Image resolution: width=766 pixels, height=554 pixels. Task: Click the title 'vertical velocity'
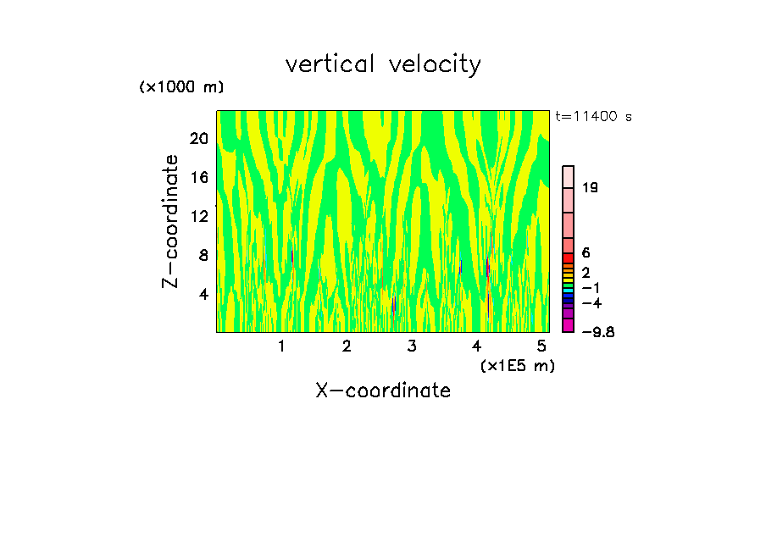pos(383,64)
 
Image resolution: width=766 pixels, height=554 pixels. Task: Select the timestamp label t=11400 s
pos(594,117)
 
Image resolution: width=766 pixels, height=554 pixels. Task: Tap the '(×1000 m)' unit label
pos(180,87)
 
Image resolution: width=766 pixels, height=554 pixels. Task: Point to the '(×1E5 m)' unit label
pos(517,365)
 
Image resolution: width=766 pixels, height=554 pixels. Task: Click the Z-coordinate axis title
pos(170,221)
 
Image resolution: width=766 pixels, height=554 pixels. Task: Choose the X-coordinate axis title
pos(383,391)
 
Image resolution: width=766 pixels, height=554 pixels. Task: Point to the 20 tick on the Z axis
pos(198,139)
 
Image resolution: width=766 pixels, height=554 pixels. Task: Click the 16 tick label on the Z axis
pos(198,178)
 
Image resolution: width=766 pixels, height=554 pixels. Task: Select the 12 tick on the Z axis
pos(198,217)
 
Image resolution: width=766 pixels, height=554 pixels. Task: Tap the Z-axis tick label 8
pos(203,255)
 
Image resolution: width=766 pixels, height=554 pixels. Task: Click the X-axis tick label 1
pos(281,346)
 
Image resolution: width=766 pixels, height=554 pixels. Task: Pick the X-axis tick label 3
pos(412,346)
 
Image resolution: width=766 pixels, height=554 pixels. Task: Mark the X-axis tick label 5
pos(541,346)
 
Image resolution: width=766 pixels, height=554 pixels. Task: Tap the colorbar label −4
pos(591,302)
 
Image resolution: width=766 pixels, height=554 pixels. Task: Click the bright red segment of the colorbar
pos(569,258)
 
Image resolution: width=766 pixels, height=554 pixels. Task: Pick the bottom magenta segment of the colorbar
pos(569,325)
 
